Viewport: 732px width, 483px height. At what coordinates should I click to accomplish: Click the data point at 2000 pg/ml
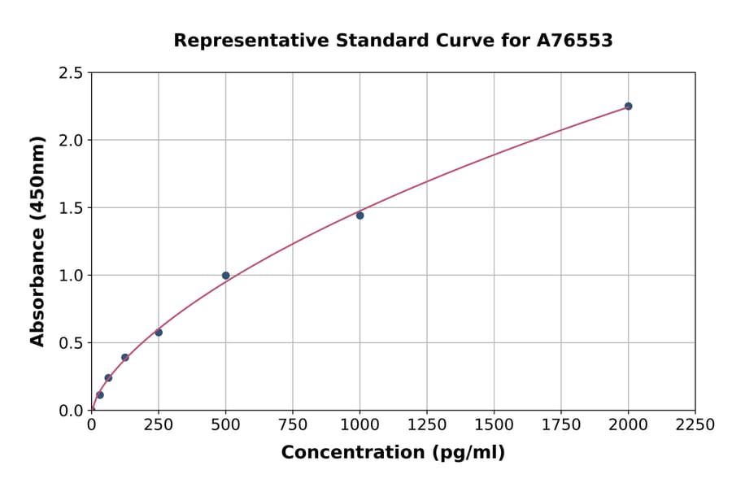628,107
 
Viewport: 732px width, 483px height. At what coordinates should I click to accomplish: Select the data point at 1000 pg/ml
359,215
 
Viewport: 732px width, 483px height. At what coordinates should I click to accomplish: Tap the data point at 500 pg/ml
225,276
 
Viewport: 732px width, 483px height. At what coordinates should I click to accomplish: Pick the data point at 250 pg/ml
159,333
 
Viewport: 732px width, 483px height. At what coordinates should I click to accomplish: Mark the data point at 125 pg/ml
125,358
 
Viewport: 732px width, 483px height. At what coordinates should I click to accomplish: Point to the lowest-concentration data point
100,395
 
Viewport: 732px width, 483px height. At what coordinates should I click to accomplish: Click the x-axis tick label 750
293,424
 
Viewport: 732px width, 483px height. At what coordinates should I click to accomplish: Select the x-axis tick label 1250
427,424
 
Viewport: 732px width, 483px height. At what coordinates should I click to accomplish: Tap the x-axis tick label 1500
494,424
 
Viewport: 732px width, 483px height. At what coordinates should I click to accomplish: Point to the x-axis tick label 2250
695,424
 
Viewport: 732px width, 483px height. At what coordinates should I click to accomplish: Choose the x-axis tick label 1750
561,424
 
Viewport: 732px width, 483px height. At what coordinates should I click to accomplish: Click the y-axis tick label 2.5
72,73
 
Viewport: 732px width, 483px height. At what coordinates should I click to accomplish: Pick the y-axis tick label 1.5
72,208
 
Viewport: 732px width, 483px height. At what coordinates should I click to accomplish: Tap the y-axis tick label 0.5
72,343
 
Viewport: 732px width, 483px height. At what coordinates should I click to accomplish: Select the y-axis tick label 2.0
72,141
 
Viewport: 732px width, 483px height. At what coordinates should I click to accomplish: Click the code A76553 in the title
573,41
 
